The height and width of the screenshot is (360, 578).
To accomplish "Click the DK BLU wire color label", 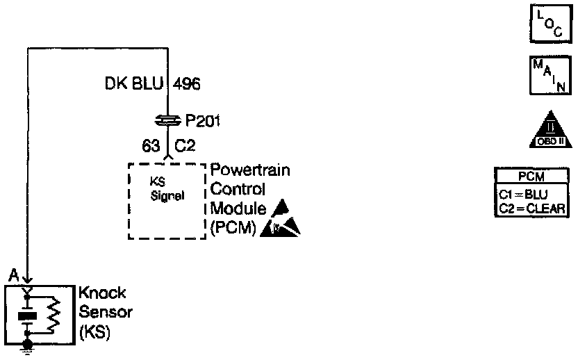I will [x=134, y=85].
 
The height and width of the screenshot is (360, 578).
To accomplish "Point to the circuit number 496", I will [x=186, y=85].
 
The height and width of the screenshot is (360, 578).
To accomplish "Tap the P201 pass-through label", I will [x=202, y=122].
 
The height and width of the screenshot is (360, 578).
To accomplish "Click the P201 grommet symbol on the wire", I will [x=167, y=121].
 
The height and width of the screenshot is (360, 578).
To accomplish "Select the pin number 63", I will [x=150, y=147].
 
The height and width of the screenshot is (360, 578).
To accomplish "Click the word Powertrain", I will [x=250, y=171].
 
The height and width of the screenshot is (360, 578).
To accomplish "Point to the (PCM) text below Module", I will [x=233, y=227].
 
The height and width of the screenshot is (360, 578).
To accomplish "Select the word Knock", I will [x=102, y=293].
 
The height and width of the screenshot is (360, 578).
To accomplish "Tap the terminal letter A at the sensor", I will [x=13, y=277].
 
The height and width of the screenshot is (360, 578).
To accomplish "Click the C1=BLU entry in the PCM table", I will [x=524, y=195].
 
